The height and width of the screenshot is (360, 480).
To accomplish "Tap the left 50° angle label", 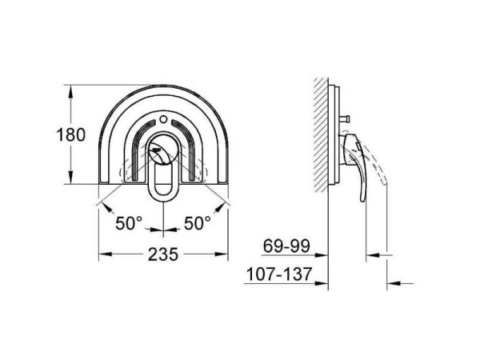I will pyautogui.click(x=127, y=223).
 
